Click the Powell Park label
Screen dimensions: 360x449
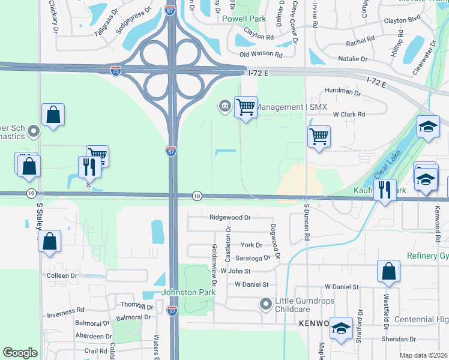(244, 19)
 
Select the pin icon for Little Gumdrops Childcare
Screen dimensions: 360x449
(265, 304)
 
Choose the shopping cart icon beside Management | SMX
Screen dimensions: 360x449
(246, 107)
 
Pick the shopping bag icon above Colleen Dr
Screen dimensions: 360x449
(52, 241)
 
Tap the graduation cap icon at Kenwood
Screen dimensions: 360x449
(341, 328)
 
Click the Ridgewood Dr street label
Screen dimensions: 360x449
(230, 217)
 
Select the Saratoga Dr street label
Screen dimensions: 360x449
(253, 258)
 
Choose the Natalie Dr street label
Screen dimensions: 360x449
(352, 59)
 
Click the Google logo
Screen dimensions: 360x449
(20, 353)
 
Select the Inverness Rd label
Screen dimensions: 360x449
(66, 311)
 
